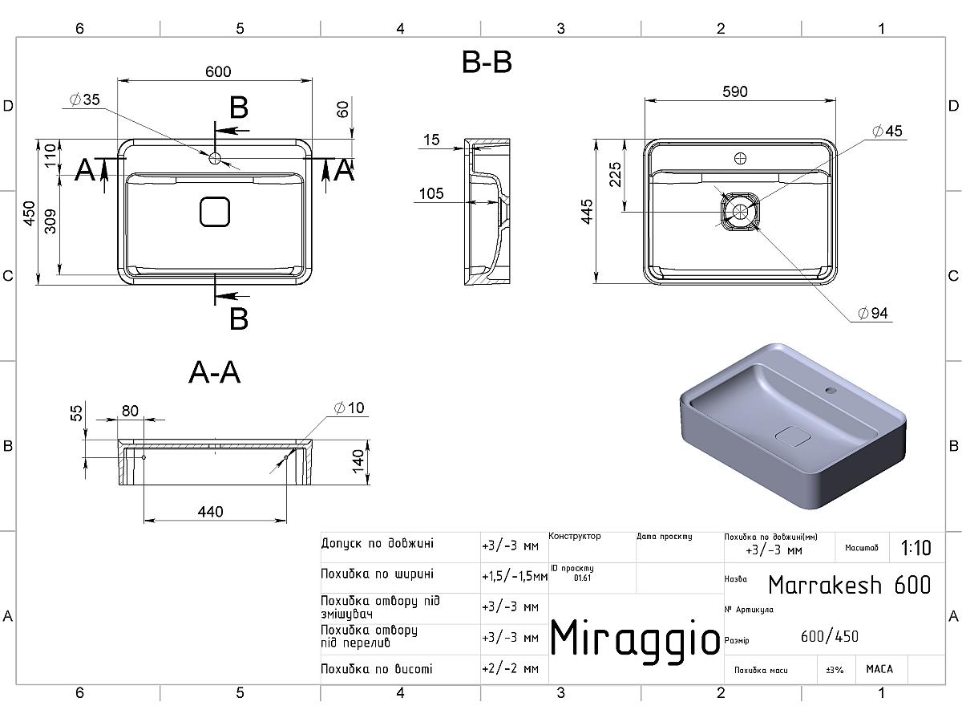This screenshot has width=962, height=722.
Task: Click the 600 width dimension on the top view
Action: click(218, 71)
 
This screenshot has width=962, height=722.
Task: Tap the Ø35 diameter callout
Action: click(85, 99)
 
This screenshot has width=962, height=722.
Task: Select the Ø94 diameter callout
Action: click(872, 313)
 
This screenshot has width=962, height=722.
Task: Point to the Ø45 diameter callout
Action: click(887, 131)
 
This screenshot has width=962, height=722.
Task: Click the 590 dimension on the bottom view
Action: click(735, 91)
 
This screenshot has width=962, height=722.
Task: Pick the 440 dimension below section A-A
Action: click(210, 512)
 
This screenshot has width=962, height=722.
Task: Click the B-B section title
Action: click(487, 62)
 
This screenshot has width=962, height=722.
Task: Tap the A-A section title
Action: click(214, 372)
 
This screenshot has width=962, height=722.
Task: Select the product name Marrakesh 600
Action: click(849, 585)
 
